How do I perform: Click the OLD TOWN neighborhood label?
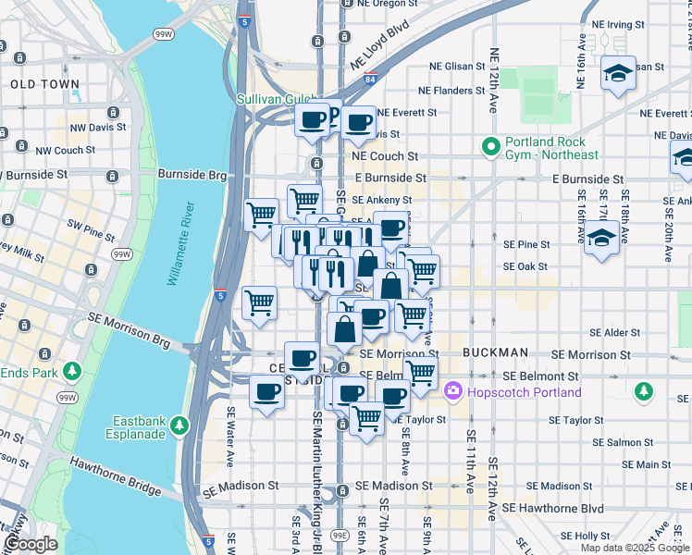(44, 84)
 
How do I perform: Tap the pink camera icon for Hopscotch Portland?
(453, 391)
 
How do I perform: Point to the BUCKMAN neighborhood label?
(495, 353)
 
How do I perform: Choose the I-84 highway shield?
(369, 80)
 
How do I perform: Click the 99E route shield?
(340, 535)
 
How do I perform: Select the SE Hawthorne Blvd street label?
(553, 509)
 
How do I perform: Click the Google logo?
(31, 544)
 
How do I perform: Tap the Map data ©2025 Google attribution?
(634, 548)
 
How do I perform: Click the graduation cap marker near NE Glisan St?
(618, 74)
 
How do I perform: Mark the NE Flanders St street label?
(451, 91)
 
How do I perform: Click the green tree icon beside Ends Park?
(72, 372)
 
